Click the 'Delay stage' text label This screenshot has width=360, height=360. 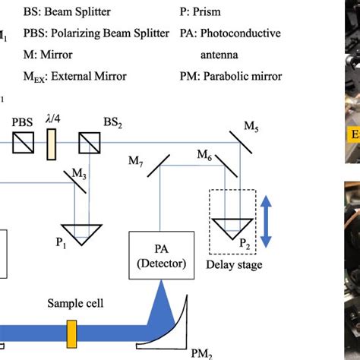(234, 264)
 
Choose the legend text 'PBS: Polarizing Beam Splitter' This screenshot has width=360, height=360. (84, 34)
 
